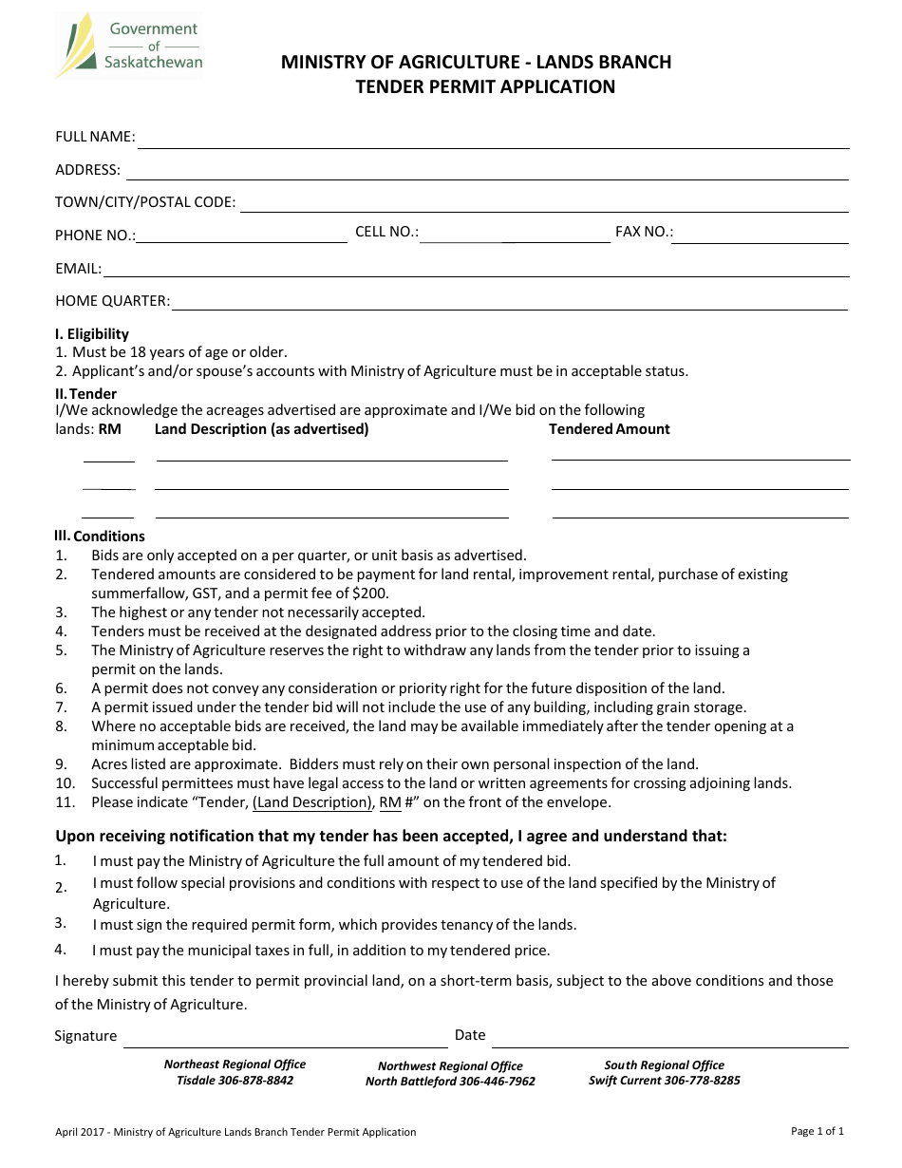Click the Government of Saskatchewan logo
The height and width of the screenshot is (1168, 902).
point(128,46)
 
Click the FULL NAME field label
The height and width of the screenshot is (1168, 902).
point(95,137)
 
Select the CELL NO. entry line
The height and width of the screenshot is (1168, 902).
point(515,239)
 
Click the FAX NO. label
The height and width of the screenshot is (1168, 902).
point(644,232)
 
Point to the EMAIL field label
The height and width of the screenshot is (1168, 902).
point(78,269)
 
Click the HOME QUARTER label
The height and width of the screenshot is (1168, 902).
point(112,301)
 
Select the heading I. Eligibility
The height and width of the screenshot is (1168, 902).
point(91,334)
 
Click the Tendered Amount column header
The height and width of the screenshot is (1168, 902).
point(609,429)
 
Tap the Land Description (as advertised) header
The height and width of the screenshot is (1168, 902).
point(261,429)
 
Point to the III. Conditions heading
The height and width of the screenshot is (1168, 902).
point(99,537)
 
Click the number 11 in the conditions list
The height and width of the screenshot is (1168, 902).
point(64,802)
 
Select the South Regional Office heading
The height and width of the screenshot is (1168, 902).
point(664,1065)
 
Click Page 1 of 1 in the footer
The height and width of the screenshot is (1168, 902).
point(817,1131)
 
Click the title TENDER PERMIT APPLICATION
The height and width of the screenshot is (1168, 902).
point(485,87)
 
